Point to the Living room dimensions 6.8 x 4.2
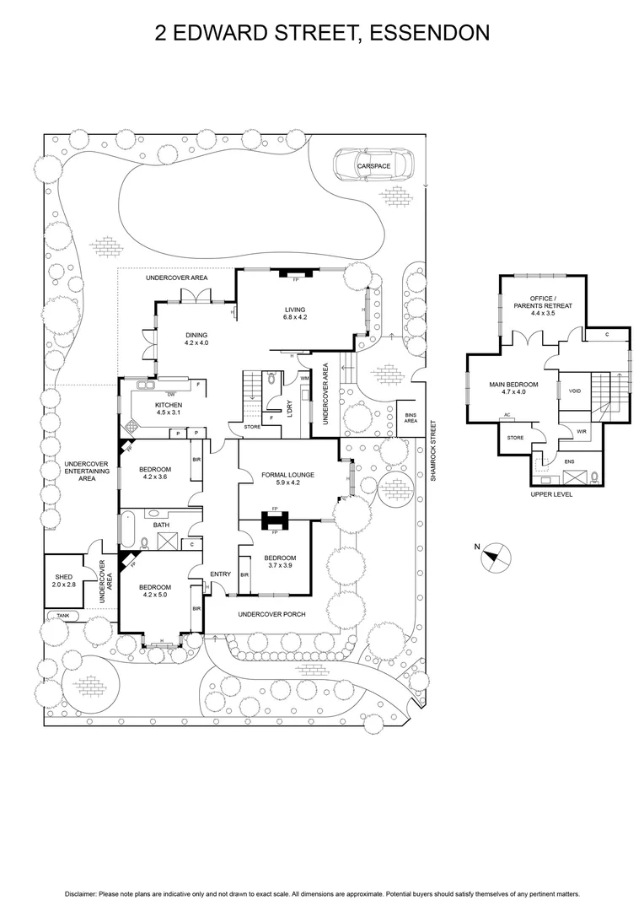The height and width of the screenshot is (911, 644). coord(294,318)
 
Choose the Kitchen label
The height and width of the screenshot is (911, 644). coord(168,405)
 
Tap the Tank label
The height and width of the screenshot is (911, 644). coord(63,616)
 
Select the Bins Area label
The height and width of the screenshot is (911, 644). coord(411,418)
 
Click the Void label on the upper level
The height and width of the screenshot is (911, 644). coord(575,391)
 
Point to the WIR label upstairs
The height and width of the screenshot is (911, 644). coord(582,431)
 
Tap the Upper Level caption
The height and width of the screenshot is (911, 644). coord(551,494)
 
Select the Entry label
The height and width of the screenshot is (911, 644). coord(220,574)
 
